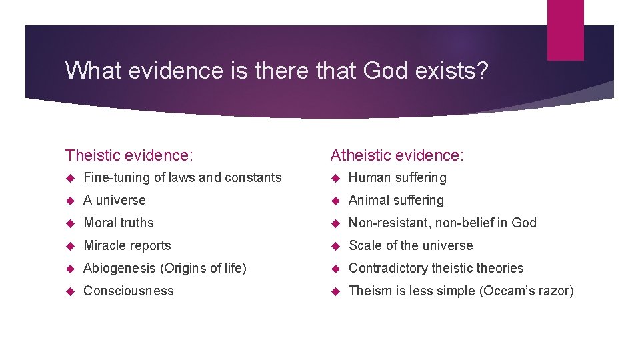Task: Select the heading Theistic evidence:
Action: click(129, 155)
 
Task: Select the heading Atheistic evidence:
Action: click(397, 155)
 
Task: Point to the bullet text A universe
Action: click(115, 200)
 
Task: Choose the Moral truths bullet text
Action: click(119, 223)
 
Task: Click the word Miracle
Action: click(105, 245)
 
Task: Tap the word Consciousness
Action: click(129, 291)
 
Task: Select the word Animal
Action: click(368, 200)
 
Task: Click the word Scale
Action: click(364, 245)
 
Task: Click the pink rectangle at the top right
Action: click(565, 30)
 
